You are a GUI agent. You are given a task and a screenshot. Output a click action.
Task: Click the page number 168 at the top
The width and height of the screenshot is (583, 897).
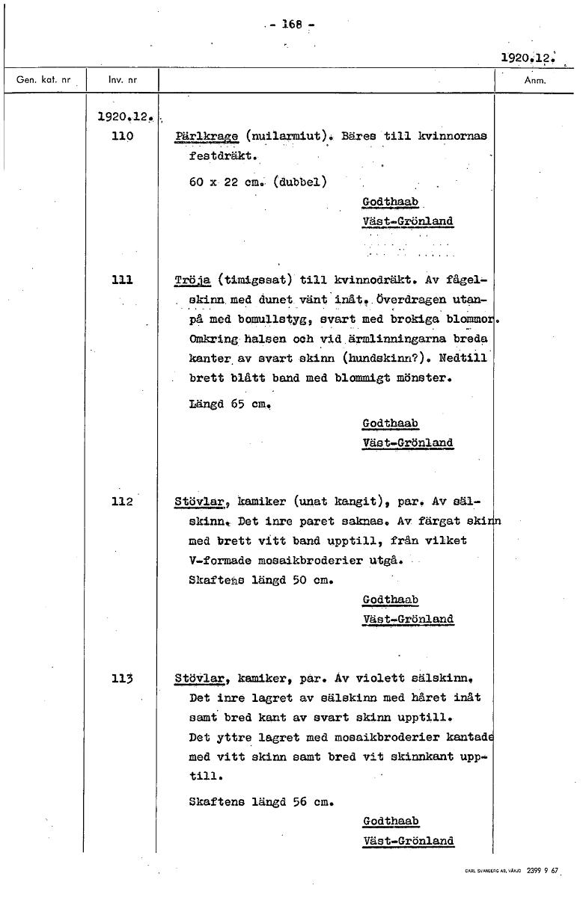click(x=290, y=24)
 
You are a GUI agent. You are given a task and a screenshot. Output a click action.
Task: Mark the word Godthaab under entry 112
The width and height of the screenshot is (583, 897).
click(x=390, y=600)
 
